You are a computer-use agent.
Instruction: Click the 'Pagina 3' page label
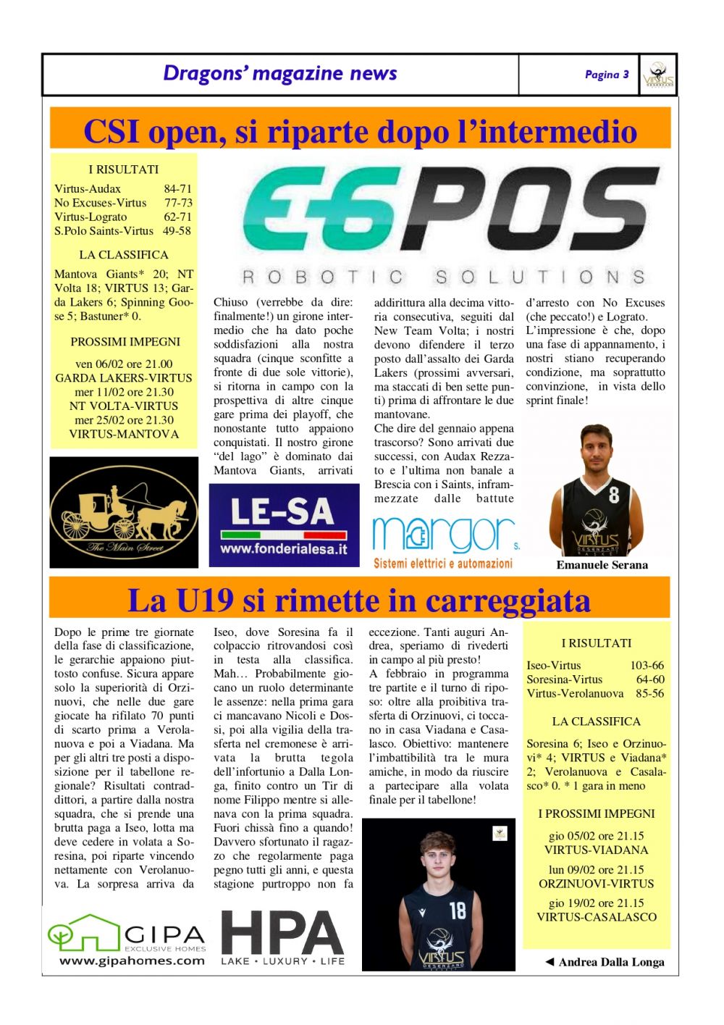click(x=606, y=75)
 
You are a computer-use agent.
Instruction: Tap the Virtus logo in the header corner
click(x=658, y=75)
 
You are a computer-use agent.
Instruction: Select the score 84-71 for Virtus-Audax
click(x=177, y=189)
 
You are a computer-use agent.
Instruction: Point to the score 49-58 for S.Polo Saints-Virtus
click(x=177, y=231)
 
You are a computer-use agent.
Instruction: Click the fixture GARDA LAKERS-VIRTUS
click(x=124, y=378)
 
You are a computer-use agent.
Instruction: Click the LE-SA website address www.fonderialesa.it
click(x=284, y=549)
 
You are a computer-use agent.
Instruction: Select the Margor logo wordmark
click(x=442, y=535)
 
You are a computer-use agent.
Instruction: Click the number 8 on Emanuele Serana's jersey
click(x=614, y=495)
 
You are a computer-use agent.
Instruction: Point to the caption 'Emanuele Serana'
click(x=602, y=565)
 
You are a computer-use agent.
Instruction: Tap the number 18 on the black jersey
click(x=458, y=910)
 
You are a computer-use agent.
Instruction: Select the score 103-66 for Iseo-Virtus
click(x=647, y=666)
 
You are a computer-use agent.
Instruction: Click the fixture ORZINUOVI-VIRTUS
click(x=596, y=884)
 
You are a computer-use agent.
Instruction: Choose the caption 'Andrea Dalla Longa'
click(x=611, y=962)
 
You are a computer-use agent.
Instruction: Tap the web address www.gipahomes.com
click(x=132, y=961)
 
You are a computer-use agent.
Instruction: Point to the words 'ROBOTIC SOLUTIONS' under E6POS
click(x=443, y=277)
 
